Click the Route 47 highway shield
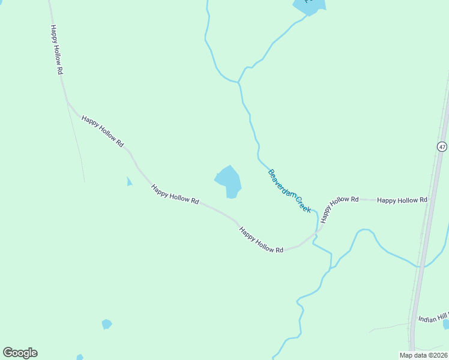442,146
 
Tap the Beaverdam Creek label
289,190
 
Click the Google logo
20,353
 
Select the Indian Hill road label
433,319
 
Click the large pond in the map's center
228,181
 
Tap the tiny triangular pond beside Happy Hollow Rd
128,182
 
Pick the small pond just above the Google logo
106,324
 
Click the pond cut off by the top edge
309,6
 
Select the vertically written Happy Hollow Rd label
57,50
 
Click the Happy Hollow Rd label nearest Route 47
402,200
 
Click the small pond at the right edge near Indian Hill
446,324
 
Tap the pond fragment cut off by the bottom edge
80,357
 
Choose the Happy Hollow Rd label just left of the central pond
175,194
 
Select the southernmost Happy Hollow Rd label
261,239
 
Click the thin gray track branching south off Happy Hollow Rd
77,144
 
